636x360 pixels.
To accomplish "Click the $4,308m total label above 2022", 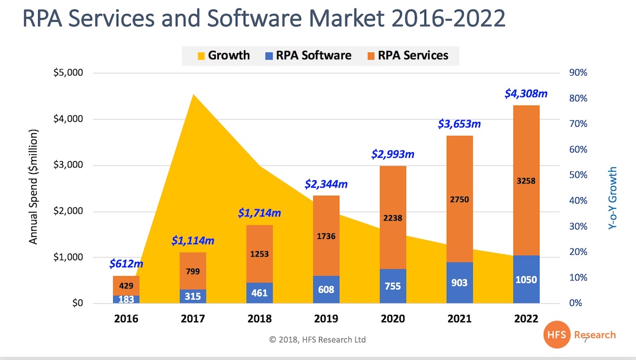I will (x=525, y=94).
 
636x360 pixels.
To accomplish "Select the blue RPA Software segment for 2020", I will (x=393, y=286).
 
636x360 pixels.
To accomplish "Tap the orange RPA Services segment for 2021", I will (x=460, y=199).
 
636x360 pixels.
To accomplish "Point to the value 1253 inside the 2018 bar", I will (x=260, y=254).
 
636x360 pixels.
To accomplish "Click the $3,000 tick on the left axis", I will (x=68, y=165).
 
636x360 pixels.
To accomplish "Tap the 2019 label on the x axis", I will (x=326, y=319).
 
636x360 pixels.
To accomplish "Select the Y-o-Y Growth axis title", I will (x=613, y=198).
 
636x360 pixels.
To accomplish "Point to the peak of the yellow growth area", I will (x=193, y=95).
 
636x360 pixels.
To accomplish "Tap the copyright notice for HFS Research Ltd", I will (x=317, y=339).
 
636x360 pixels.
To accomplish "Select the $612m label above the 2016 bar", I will (x=126, y=263).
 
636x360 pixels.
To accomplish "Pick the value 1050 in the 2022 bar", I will (x=526, y=280).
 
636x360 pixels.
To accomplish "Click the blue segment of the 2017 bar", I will (x=193, y=296).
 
